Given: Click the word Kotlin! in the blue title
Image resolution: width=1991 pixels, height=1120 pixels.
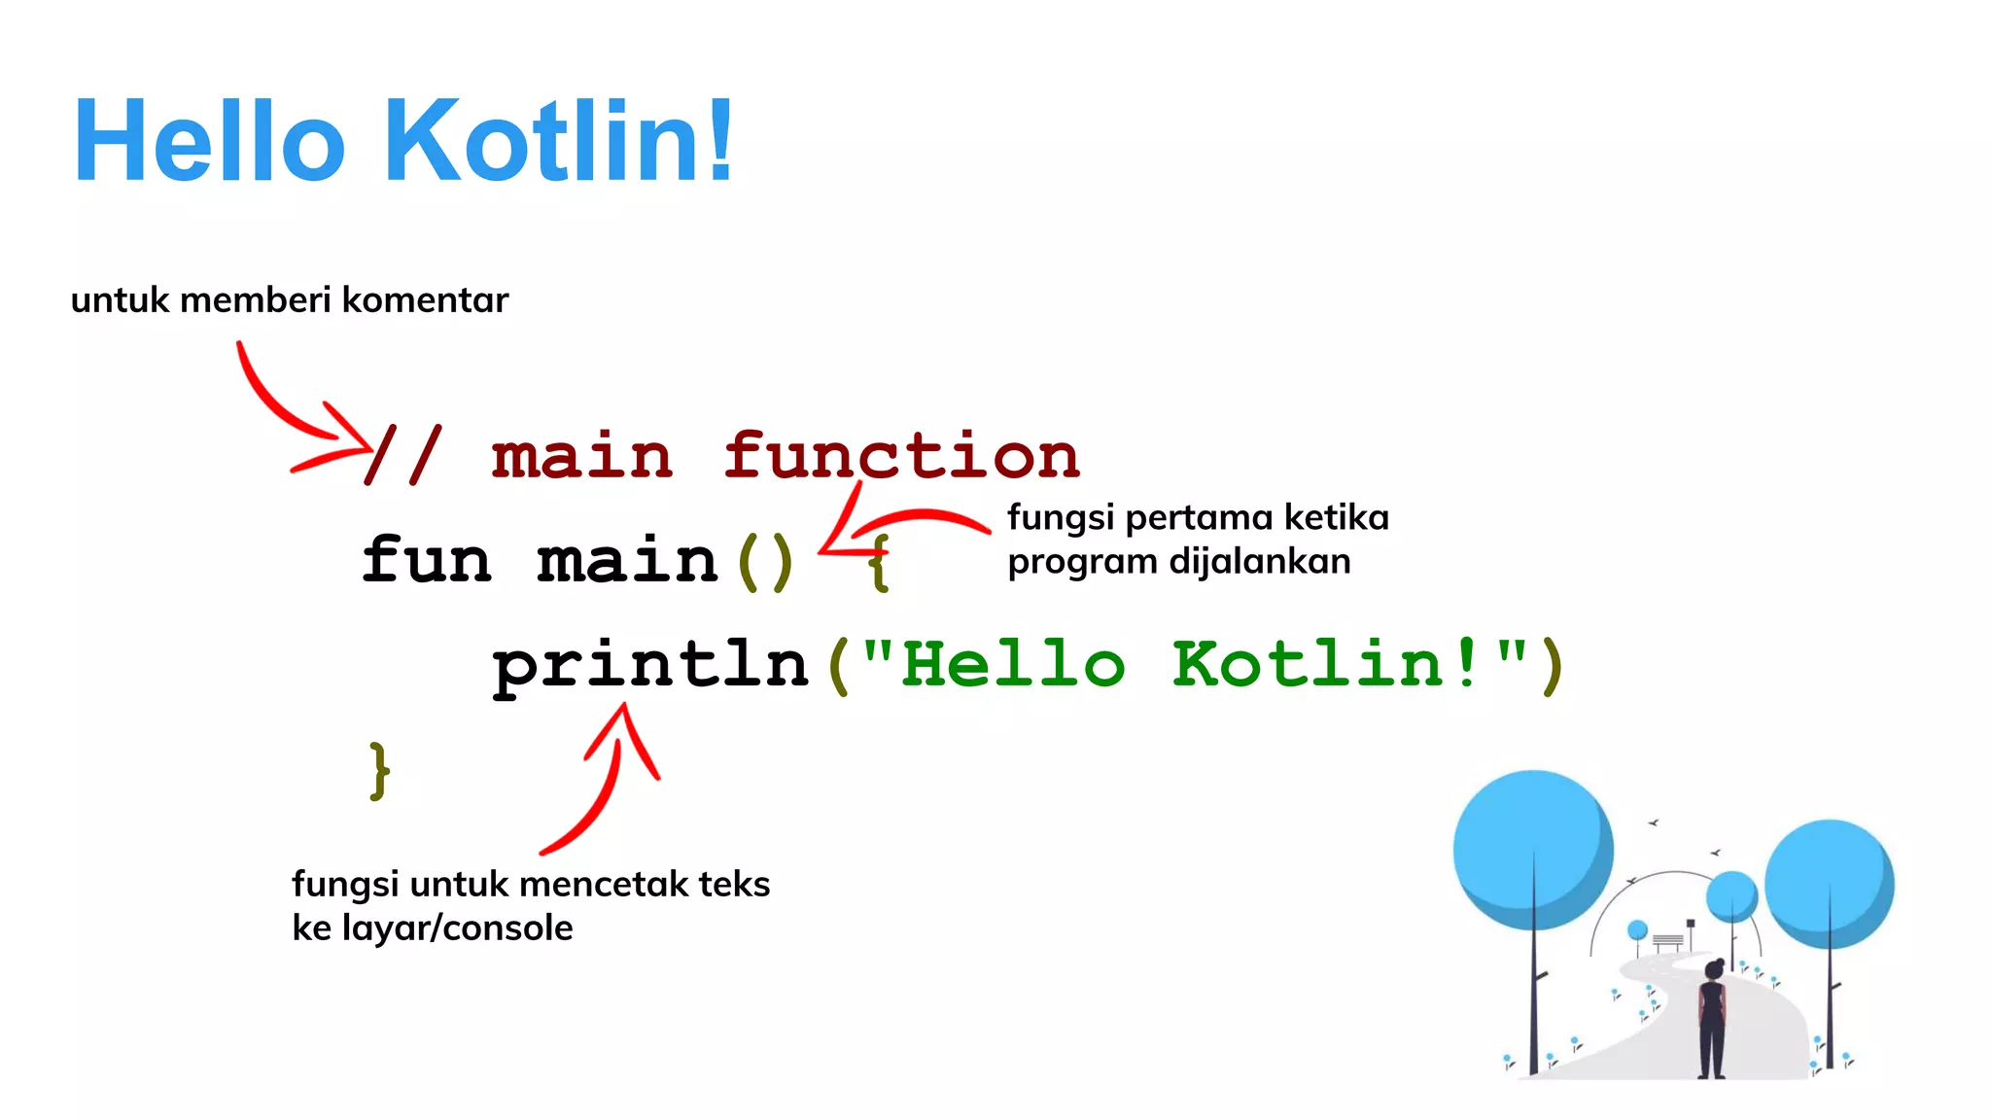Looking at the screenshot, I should tap(559, 140).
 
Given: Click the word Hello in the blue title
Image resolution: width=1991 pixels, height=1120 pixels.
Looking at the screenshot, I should tap(209, 140).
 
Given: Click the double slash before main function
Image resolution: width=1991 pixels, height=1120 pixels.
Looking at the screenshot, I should tap(403, 455).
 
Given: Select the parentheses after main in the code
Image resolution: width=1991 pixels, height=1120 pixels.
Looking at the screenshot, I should tap(765, 562).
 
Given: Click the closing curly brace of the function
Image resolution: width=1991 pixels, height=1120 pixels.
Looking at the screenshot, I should tap(379, 771).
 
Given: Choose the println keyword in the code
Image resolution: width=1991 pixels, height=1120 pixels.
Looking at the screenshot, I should tap(650, 667).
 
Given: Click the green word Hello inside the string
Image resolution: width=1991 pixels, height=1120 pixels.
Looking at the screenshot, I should tap(1013, 665).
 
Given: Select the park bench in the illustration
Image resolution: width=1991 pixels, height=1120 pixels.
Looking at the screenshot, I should tap(1667, 941).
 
